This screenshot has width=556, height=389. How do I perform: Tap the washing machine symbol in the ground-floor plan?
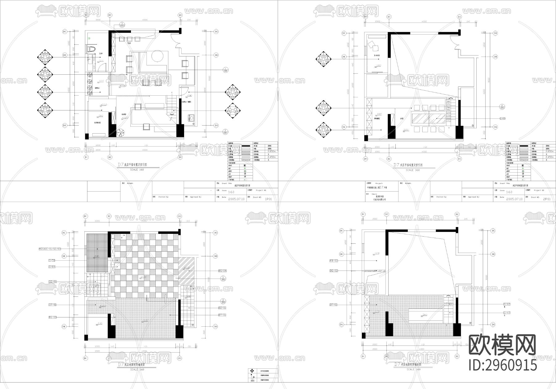click(x=191, y=118)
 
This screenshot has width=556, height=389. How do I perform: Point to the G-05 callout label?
click(x=503, y=118)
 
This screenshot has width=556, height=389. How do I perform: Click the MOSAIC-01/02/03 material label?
click(x=50, y=249)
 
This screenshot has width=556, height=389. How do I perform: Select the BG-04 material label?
click(x=222, y=271)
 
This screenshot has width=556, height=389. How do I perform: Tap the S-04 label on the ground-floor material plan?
click(x=52, y=267)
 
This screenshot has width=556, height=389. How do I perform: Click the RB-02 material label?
click(x=334, y=261)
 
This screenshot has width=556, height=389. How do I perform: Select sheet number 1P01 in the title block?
click(x=268, y=199)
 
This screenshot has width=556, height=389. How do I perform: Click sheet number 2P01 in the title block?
click(x=546, y=199)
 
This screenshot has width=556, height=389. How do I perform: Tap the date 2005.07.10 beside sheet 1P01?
click(x=236, y=199)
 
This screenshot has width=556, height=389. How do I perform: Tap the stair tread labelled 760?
click(x=449, y=107)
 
